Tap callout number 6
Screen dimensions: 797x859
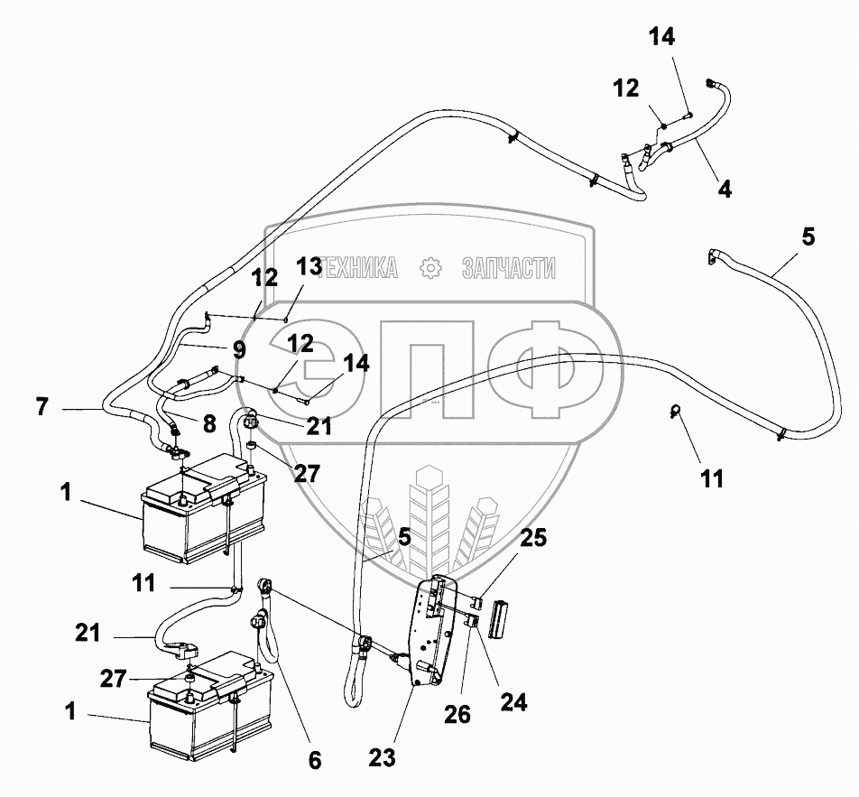click(x=314, y=760)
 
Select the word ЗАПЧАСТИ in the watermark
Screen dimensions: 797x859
click(x=508, y=267)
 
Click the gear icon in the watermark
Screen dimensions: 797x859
click(x=432, y=267)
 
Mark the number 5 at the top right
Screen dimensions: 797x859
click(x=807, y=236)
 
